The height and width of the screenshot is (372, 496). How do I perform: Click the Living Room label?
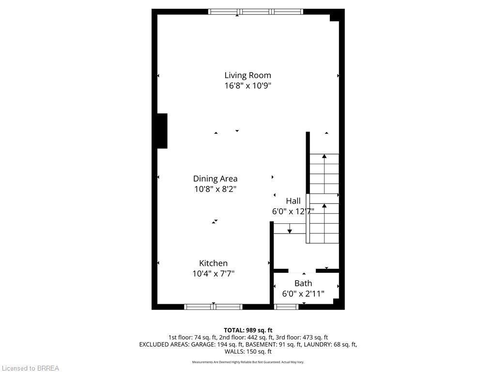pos(248,75)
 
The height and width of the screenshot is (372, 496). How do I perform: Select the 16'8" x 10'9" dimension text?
pos(248,86)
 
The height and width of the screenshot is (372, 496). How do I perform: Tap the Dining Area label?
pos(215,179)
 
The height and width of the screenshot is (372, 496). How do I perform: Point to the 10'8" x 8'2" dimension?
pos(215,189)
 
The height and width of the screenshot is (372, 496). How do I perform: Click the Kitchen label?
pos(213,263)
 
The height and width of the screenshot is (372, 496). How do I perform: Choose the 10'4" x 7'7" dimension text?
pos(213,274)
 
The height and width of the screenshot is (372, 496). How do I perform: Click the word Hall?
pos(293,201)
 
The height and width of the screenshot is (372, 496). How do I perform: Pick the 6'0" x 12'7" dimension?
pos(293,211)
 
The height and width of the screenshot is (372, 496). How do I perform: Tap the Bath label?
pos(303,283)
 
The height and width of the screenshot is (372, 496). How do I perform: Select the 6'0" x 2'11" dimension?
pos(303,294)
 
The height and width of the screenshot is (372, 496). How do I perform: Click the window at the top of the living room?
pos(255,12)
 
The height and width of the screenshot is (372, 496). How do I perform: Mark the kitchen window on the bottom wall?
pos(213,307)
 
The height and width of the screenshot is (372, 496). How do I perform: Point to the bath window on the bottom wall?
pos(286,307)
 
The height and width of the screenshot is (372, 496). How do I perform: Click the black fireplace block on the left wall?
pos(162,131)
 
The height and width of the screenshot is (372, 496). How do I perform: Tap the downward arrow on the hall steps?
pos(290,230)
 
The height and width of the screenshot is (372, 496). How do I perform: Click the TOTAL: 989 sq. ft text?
pos(248,330)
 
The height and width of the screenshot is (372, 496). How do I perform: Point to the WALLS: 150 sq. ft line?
pos(248,352)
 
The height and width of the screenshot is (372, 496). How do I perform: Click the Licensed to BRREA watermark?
pos(30,368)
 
